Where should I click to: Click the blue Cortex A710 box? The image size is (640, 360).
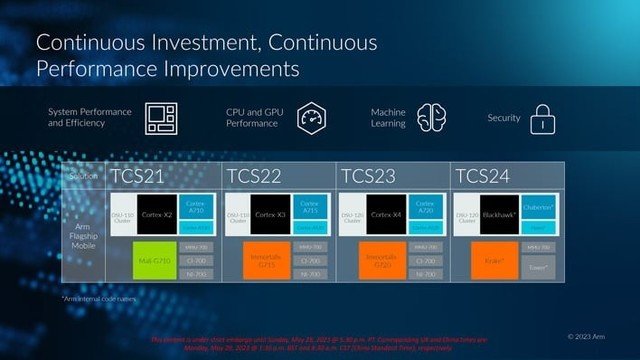pos(196,206)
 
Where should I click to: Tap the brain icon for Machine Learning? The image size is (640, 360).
pos(430,117)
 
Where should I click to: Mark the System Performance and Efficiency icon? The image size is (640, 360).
pos(160,117)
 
